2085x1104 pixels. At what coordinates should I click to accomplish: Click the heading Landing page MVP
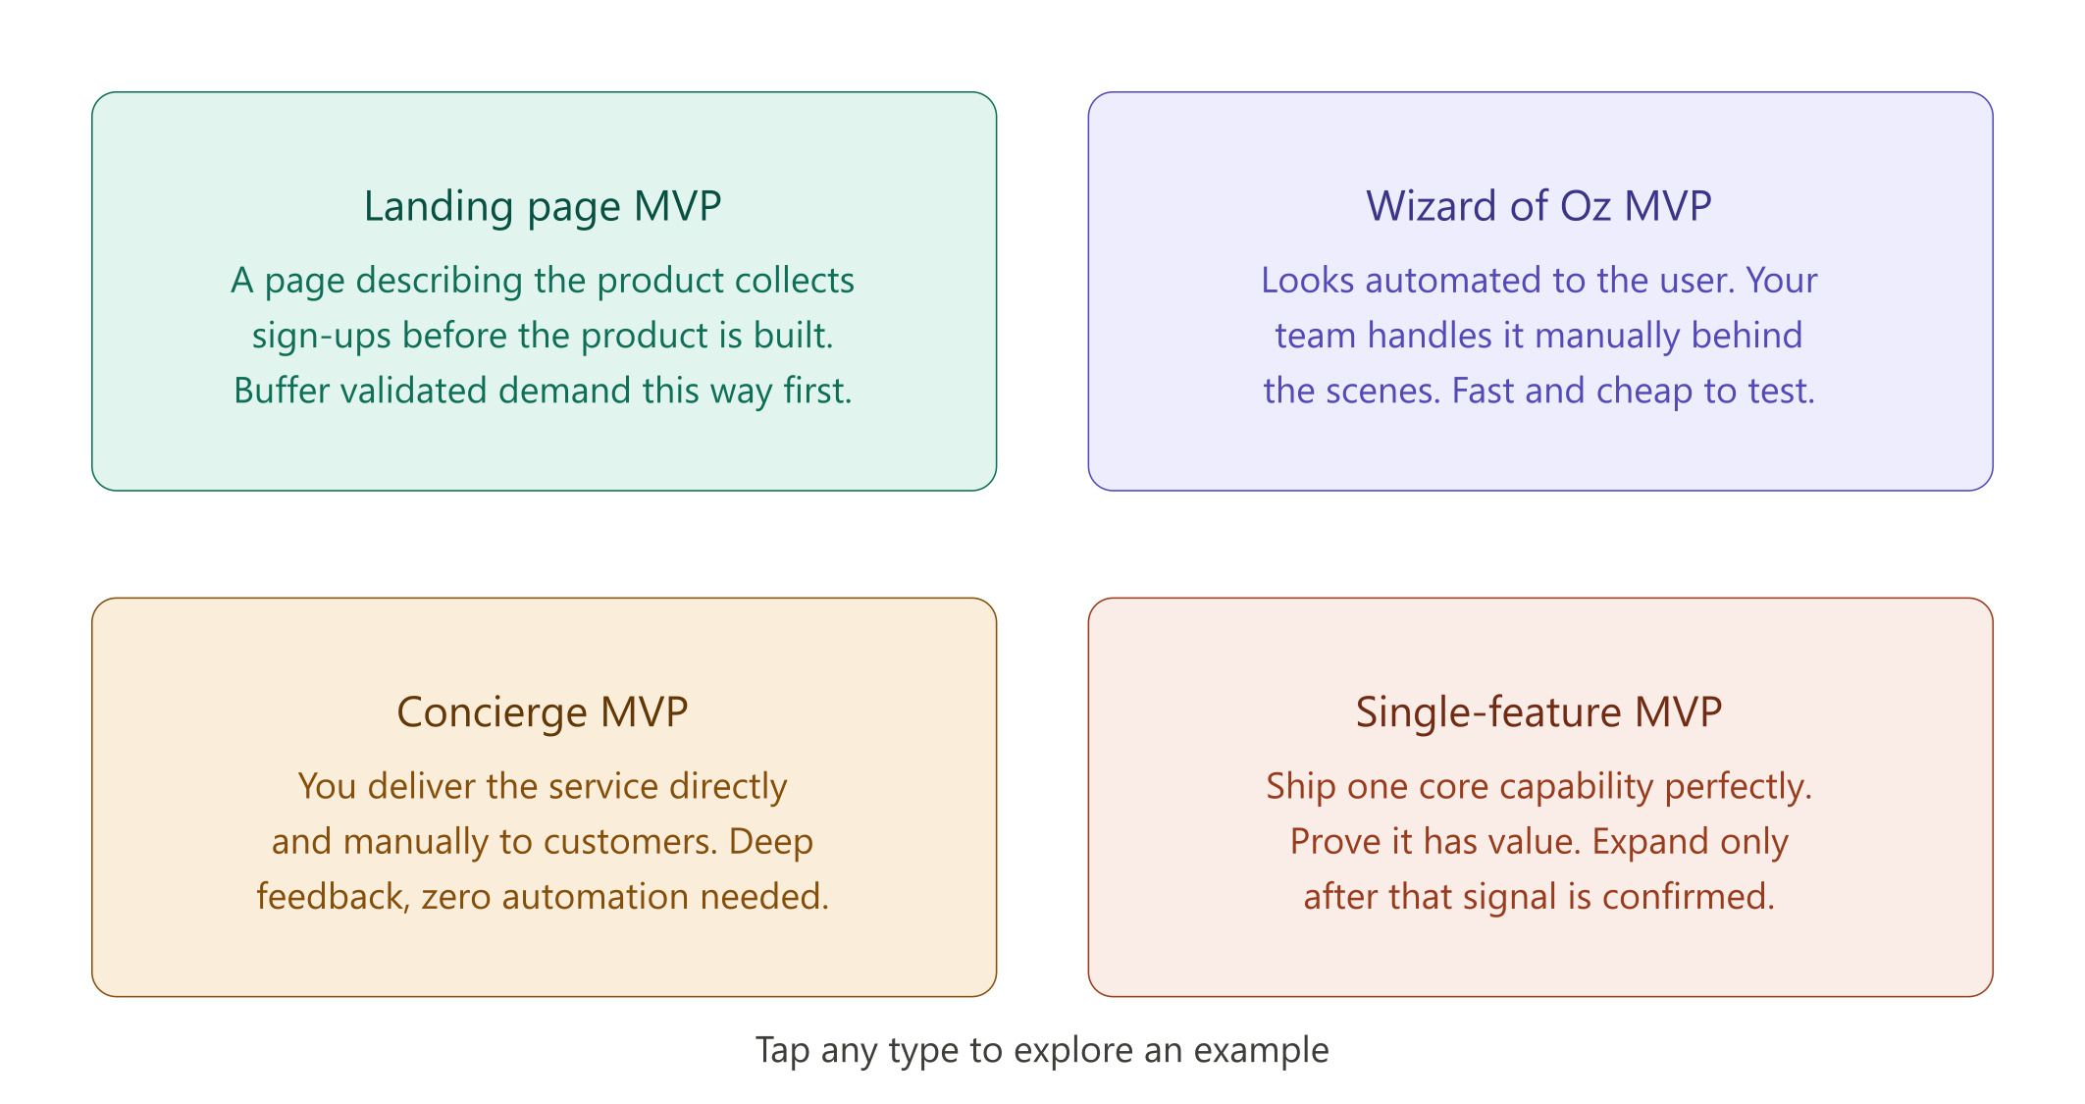(543, 206)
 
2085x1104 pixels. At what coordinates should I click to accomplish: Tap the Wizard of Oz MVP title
(1538, 206)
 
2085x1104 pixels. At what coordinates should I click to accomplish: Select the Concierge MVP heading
(543, 712)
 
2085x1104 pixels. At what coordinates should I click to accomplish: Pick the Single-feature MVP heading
(1538, 712)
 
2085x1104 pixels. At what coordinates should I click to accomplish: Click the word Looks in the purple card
(1308, 281)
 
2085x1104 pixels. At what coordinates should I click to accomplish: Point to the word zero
(456, 897)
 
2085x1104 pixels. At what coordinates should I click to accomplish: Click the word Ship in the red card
(1301, 787)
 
